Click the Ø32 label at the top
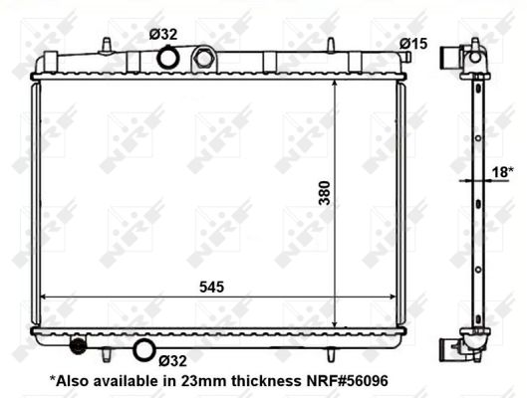click(x=163, y=34)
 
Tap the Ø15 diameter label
click(x=413, y=43)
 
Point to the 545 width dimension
click(x=209, y=286)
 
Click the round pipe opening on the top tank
click(x=170, y=58)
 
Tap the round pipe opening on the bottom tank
click(x=145, y=349)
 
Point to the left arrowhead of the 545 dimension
click(x=45, y=296)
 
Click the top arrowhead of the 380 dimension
click(x=335, y=83)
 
